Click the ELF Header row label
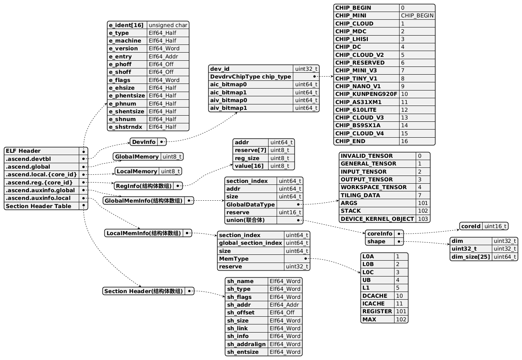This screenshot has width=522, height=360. pyautogui.click(x=23, y=151)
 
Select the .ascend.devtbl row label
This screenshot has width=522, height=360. pyautogui.click(x=28, y=159)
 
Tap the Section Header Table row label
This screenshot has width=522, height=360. pyautogui.click(x=39, y=206)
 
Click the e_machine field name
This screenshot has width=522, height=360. pyautogui.click(x=125, y=41)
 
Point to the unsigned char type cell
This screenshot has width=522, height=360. pyautogui.click(x=168, y=25)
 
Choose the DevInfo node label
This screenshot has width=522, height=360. pyautogui.click(x=144, y=142)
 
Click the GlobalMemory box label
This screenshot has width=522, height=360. pyautogui.click(x=137, y=157)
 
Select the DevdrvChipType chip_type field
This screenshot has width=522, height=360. pyautogui.click(x=250, y=77)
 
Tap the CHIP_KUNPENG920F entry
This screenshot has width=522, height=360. pyautogui.click(x=366, y=94)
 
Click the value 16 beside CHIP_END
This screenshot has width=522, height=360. pyautogui.click(x=404, y=141)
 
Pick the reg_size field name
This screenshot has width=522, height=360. pyautogui.click(x=247, y=158)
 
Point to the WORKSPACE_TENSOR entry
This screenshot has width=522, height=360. pyautogui.click(x=374, y=187)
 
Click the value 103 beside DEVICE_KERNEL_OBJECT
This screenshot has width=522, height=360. pyautogui.click(x=423, y=219)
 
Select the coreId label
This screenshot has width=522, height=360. pyautogui.click(x=471, y=226)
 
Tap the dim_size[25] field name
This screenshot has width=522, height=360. pyautogui.click(x=471, y=257)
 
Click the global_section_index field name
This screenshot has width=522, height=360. pyautogui.click(x=250, y=243)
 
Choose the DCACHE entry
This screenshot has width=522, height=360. pyautogui.click(x=375, y=296)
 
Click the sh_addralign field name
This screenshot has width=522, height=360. pyautogui.click(x=247, y=344)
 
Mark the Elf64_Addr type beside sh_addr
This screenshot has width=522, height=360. pyautogui.click(x=284, y=305)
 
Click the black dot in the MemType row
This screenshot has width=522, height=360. pyautogui.click(x=306, y=259)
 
